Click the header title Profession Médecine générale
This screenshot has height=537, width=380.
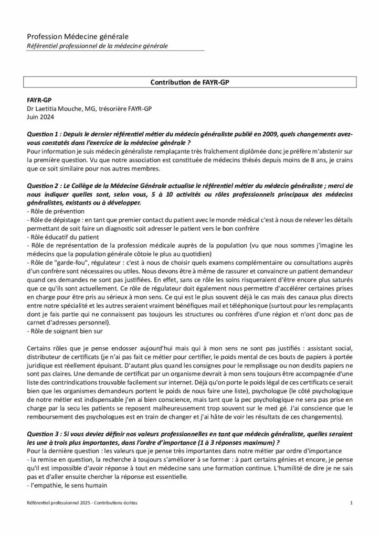pyautogui.click(x=78, y=36)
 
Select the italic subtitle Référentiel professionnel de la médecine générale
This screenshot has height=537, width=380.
pyautogui.click(x=98, y=46)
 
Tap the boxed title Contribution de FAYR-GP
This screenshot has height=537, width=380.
pyautogui.click(x=189, y=82)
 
